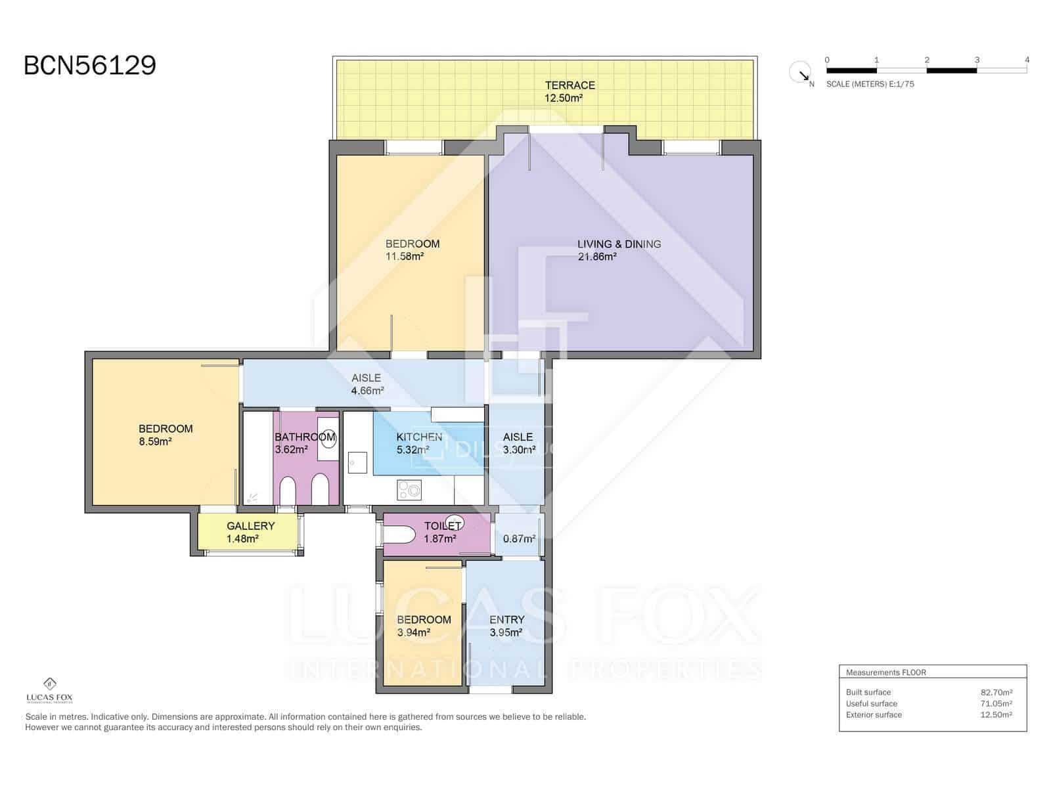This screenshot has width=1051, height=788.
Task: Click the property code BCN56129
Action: point(90,66)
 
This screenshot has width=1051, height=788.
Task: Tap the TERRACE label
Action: point(570,85)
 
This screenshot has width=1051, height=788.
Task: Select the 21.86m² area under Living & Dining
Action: point(596,257)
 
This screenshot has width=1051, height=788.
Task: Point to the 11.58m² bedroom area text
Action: point(404,257)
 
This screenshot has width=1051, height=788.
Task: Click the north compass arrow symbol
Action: point(801,72)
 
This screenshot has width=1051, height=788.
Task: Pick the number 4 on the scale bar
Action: point(1027,60)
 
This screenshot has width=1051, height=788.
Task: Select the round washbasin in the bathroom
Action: point(328,439)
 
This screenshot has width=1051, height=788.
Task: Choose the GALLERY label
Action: point(250,526)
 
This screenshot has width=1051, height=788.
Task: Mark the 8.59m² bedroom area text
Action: point(155,442)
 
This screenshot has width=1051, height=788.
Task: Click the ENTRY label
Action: point(506,619)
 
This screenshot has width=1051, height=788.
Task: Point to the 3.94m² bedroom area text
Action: point(413,632)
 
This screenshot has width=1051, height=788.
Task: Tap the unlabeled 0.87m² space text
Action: point(519,538)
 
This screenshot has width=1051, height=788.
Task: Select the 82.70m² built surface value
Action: point(996,692)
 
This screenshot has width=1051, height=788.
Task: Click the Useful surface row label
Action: point(871,703)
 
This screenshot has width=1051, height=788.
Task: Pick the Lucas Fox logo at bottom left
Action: point(49,689)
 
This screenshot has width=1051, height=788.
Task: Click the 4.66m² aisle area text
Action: point(367,391)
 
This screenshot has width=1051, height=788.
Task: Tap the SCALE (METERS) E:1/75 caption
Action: point(870,84)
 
